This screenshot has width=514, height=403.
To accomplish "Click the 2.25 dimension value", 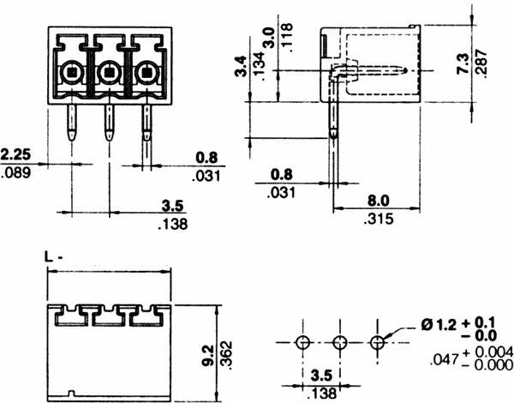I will coord(17,155).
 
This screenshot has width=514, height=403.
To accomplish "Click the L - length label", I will coord(54,256).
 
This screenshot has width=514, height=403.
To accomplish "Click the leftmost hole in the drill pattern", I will coord(302,343).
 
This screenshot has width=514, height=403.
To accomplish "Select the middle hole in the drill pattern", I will coord(340,343).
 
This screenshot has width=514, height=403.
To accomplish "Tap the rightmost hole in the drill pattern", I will coord(378,343).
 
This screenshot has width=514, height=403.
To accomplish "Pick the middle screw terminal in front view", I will coord(109,75).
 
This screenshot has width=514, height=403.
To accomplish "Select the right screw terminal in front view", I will coord(146,75).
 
